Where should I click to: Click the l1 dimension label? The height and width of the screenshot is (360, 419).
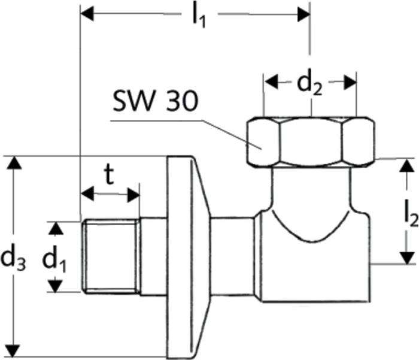(199, 17)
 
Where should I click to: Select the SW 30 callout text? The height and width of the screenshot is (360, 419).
(155, 101)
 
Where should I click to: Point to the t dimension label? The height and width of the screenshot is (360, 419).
(109, 174)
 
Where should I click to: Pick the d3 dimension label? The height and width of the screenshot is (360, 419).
(13, 260)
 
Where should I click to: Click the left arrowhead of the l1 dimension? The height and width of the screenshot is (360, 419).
(87, 14)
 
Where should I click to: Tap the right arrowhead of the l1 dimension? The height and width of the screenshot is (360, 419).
(304, 14)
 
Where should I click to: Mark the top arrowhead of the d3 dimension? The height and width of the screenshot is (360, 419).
(14, 162)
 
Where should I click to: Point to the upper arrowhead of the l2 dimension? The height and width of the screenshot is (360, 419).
(406, 165)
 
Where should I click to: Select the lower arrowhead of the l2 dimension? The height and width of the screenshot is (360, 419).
(406, 258)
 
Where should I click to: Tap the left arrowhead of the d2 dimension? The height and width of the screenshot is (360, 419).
(271, 82)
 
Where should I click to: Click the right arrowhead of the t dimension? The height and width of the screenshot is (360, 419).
(133, 195)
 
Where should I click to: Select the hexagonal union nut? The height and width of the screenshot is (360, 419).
(311, 142)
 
